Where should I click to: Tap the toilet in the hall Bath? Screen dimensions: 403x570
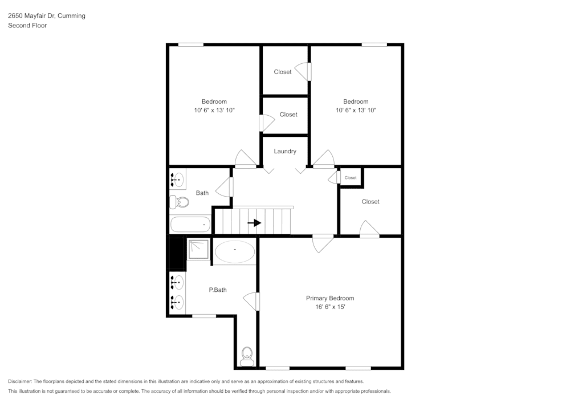coord(180,202)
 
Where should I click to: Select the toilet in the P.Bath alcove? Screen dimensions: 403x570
coord(247,357)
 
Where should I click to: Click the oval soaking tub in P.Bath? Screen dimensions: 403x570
coord(235,251)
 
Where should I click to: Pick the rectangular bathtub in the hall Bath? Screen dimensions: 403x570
coord(191,225)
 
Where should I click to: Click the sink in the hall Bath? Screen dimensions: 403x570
coord(177,180)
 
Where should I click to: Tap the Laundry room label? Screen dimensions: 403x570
coord(285,152)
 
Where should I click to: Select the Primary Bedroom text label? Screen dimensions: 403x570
coord(330,298)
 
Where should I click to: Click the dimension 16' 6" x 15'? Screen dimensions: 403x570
coord(330,307)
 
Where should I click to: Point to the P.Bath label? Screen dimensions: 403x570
coord(218,290)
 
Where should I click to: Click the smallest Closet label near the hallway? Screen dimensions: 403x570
coord(351,178)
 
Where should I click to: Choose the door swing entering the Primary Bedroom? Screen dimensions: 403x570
coord(323,243)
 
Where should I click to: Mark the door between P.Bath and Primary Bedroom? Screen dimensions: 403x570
coord(252,300)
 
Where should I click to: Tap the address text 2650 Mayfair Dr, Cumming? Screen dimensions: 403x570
coord(47,16)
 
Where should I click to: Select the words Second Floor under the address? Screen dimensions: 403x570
coord(27,26)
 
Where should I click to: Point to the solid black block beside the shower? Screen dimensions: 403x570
coord(177,254)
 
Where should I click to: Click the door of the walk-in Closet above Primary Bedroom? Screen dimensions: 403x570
coord(369,229)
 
